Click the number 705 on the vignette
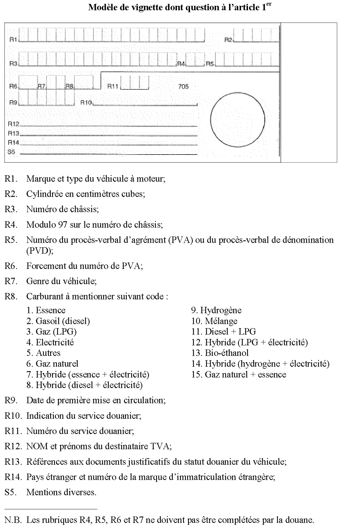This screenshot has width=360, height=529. [x=183, y=87]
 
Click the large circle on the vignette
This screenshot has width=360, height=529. [x=237, y=120]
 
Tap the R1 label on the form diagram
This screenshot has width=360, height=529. [x=13, y=40]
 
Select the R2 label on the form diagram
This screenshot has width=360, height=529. [x=228, y=40]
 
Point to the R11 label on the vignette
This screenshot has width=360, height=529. [x=113, y=87]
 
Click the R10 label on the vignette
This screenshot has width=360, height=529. [x=86, y=103]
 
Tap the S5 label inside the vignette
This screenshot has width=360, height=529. [x=11, y=152]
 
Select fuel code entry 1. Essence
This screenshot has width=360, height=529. [x=46, y=310]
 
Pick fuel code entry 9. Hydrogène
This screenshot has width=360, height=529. [x=216, y=310]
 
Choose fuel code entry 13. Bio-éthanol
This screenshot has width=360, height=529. [x=220, y=353]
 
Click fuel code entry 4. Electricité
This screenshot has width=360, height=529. [x=50, y=342]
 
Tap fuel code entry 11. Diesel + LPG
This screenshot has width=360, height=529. [x=223, y=332]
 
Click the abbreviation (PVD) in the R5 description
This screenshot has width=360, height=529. [x=40, y=251]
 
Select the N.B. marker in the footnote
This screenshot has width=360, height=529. [x=13, y=520]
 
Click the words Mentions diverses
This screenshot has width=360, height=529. [x=61, y=492]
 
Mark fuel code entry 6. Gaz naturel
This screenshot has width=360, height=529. [x=52, y=364]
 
